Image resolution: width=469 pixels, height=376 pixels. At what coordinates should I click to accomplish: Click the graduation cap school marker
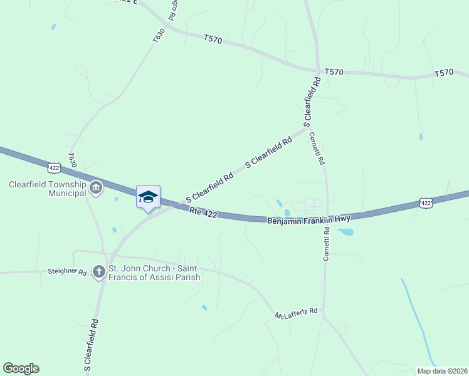148,197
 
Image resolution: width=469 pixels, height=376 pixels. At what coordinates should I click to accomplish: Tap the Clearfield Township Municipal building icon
96,188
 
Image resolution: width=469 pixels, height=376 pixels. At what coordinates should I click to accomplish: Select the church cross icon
99,272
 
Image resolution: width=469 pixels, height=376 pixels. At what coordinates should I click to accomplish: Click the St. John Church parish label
154,273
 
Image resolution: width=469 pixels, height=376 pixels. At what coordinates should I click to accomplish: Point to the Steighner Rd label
66,271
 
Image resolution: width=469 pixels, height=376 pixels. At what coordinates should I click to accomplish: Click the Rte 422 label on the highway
203,214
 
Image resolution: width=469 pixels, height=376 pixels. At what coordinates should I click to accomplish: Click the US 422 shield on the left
54,167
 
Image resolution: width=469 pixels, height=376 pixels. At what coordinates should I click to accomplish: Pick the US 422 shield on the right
426,203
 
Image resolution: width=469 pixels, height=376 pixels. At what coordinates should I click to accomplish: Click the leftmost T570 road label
213,39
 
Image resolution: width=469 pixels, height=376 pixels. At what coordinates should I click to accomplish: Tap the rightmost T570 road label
443,74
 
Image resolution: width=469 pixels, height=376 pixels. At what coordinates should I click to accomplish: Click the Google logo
21,368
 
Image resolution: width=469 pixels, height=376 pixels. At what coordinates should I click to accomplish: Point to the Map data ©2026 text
441,370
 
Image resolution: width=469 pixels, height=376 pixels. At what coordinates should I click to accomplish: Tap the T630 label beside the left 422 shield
73,160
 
